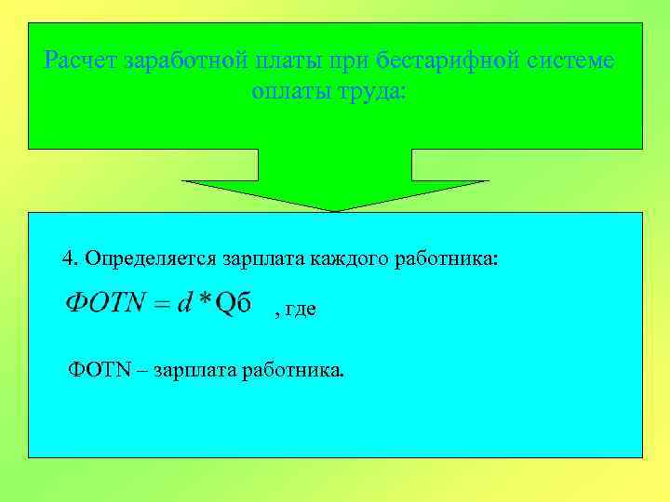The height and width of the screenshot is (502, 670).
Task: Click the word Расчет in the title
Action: (77, 63)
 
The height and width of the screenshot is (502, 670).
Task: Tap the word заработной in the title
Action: (180, 63)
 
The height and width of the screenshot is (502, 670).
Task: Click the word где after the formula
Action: (301, 310)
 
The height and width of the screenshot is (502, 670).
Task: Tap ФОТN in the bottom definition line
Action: (94, 372)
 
